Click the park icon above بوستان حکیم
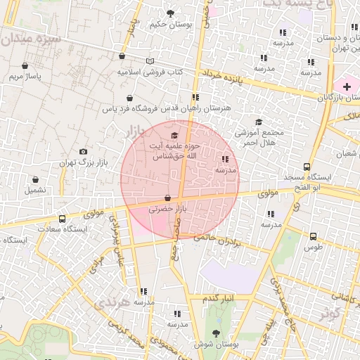pos(170,13)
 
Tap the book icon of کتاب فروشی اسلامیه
pos(149,61)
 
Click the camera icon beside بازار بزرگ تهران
pos(84,152)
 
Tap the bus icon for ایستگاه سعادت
pos(63,219)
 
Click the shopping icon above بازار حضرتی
pos(167,199)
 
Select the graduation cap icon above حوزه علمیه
pos(174,136)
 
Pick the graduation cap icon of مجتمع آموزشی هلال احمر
pos(258,122)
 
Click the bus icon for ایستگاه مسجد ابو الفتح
pos(307,167)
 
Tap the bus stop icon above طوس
pos(313,237)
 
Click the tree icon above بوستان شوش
pos(216,335)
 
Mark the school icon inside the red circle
pos(224,160)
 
